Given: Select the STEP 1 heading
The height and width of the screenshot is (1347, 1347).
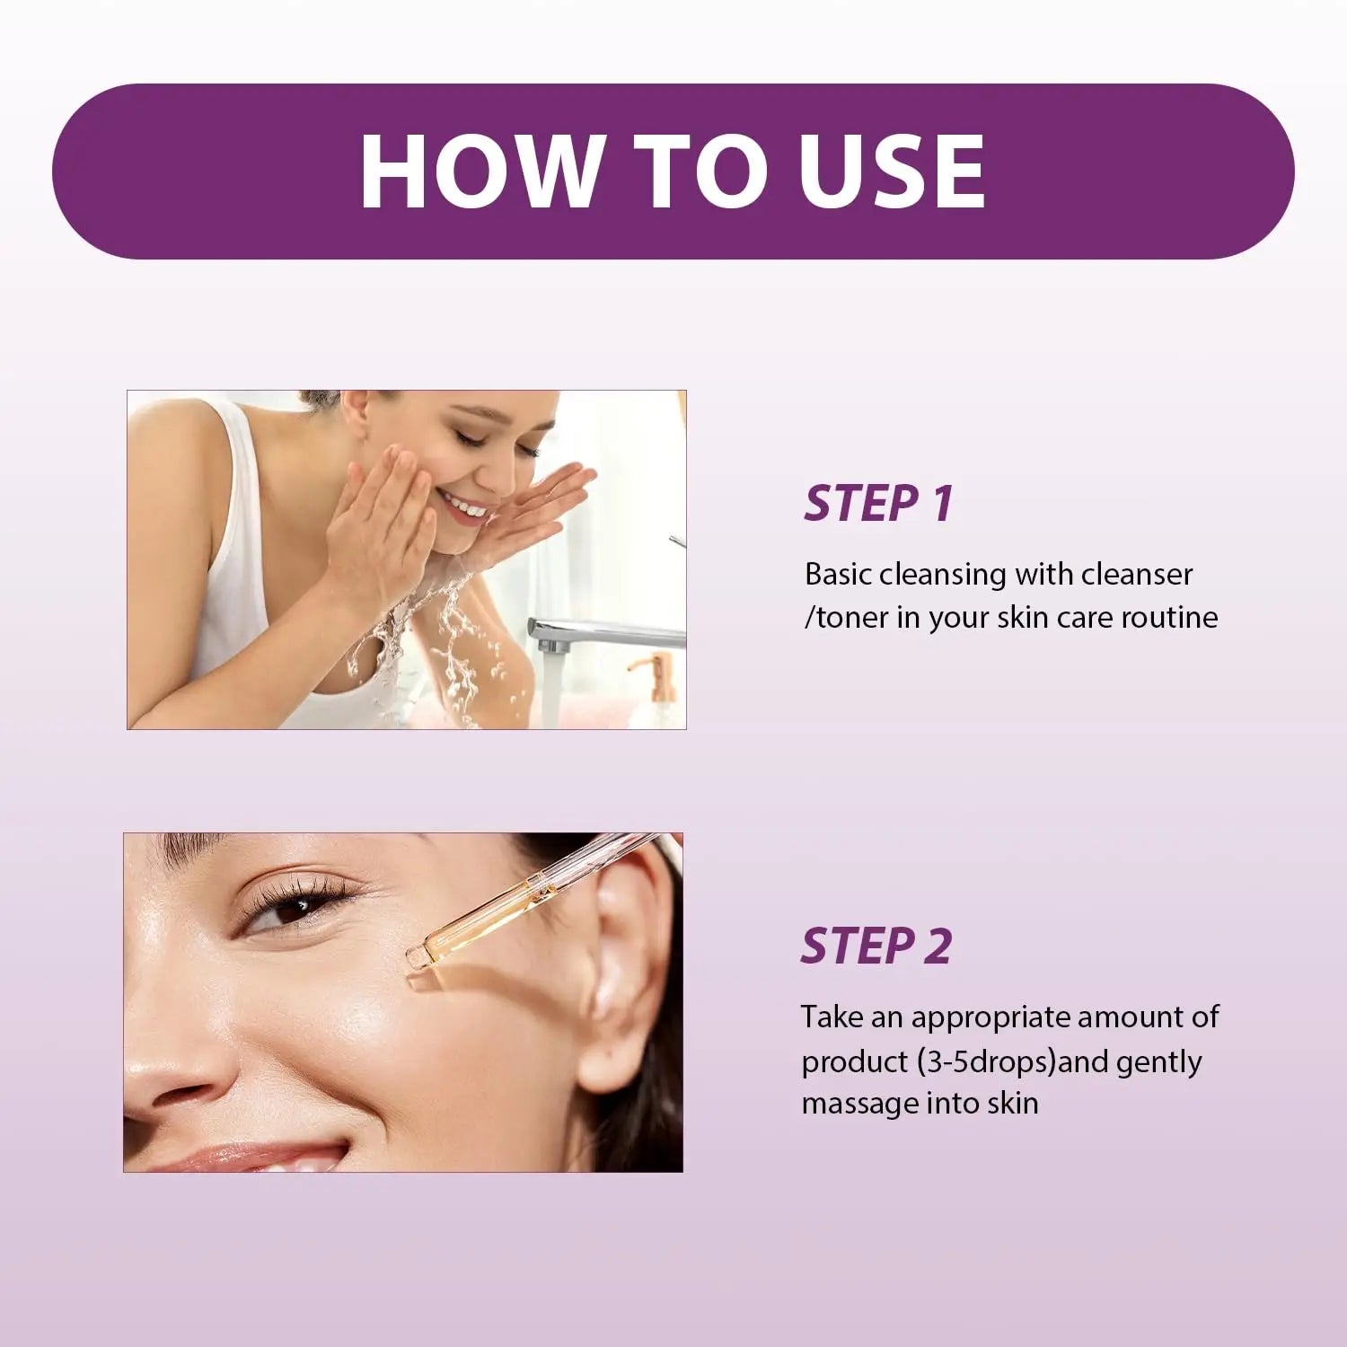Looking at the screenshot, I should (878, 503).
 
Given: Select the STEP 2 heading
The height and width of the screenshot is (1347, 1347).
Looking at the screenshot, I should (876, 946).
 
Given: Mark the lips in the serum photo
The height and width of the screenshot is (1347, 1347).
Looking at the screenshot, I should (260, 1157).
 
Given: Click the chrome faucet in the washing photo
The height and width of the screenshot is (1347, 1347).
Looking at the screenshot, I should (584, 633).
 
